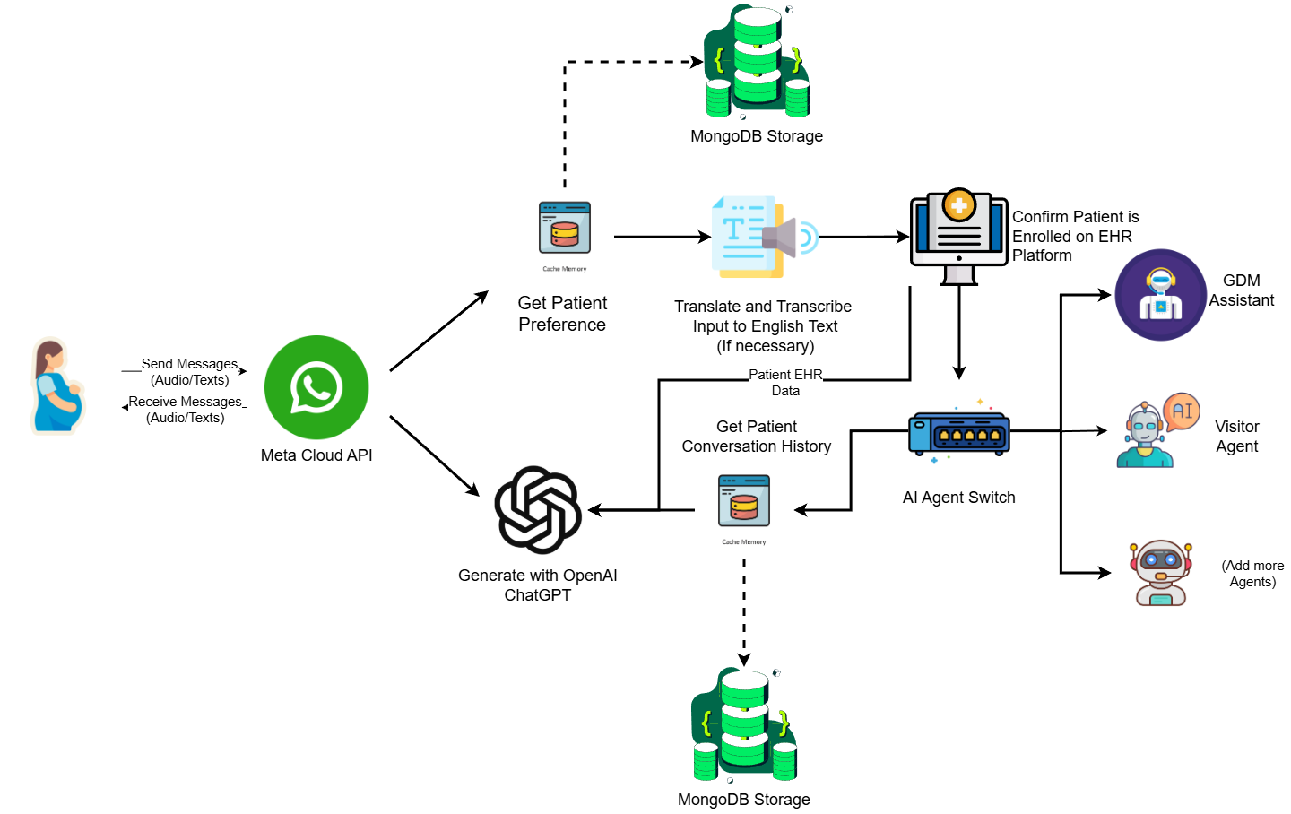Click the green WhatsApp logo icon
coord(316,387)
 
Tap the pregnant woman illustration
coord(57,385)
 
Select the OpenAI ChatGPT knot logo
coord(538,510)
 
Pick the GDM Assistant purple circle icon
coord(1161,295)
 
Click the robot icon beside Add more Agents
coord(1160,573)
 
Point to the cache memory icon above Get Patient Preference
coord(564,229)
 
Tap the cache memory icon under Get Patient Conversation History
coord(744,501)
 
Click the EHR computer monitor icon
coord(959,237)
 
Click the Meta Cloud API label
coord(316,455)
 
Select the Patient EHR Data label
coord(785,382)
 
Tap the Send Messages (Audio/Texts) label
coord(190,372)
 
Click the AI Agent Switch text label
coord(959,498)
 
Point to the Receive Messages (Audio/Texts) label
coord(185,410)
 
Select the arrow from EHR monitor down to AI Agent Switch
coord(959,333)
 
